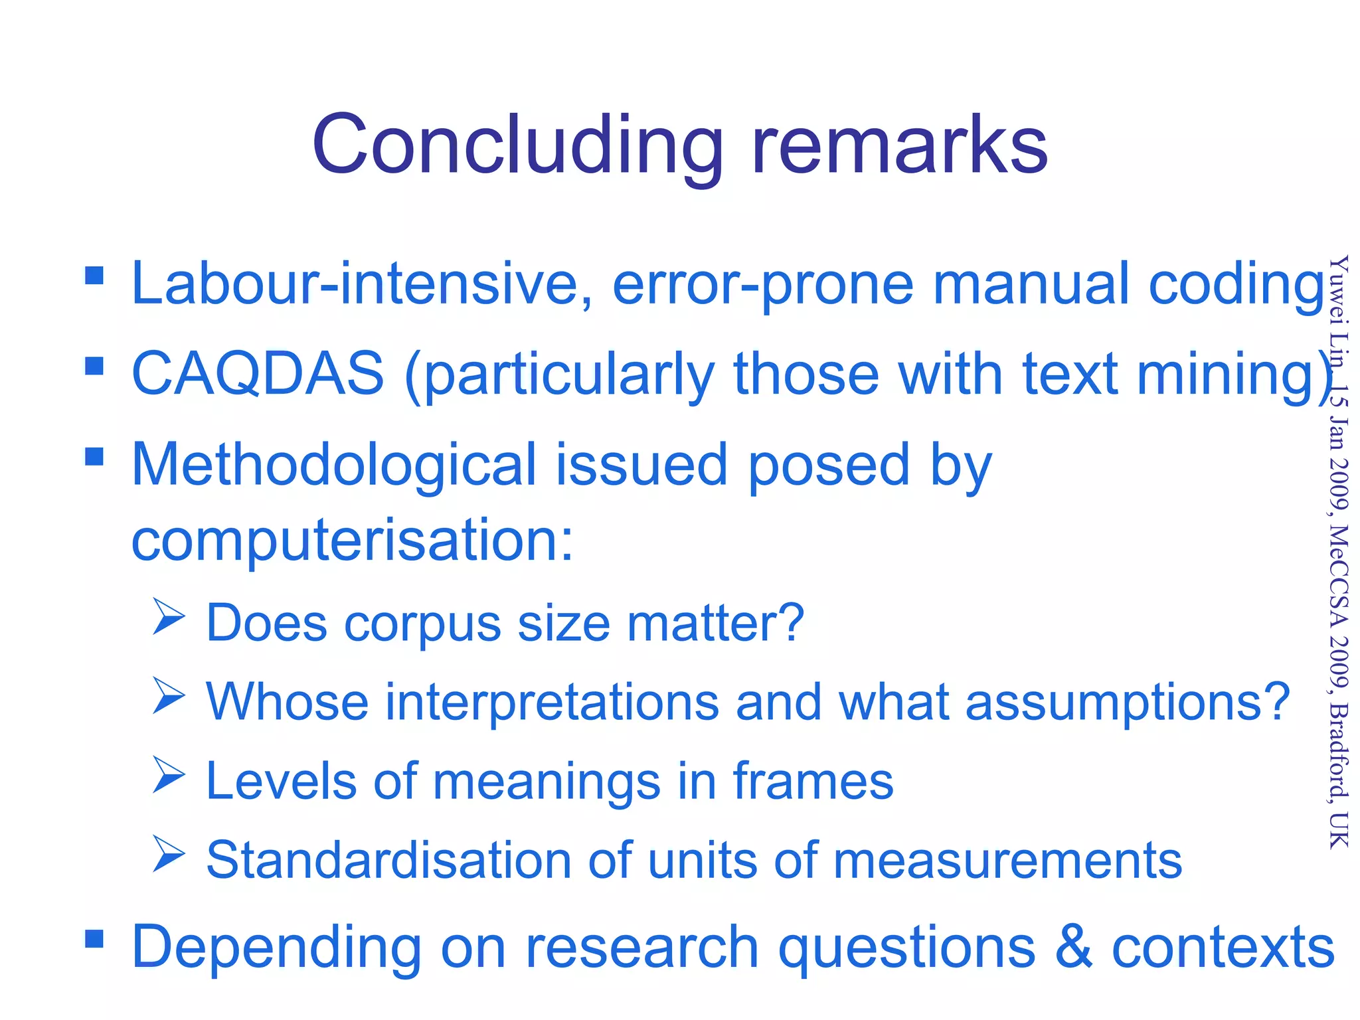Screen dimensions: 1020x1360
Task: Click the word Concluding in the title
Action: point(517,146)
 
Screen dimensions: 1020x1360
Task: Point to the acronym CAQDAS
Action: point(258,373)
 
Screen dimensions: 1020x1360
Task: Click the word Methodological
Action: point(333,465)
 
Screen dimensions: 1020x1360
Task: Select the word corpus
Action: point(422,624)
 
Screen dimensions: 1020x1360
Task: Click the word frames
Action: point(813,781)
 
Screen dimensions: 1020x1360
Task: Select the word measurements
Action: point(1007,861)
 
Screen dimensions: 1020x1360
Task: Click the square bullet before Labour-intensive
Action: point(94,275)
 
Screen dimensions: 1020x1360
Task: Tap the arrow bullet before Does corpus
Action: point(169,616)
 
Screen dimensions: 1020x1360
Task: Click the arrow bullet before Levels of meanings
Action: point(169,774)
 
